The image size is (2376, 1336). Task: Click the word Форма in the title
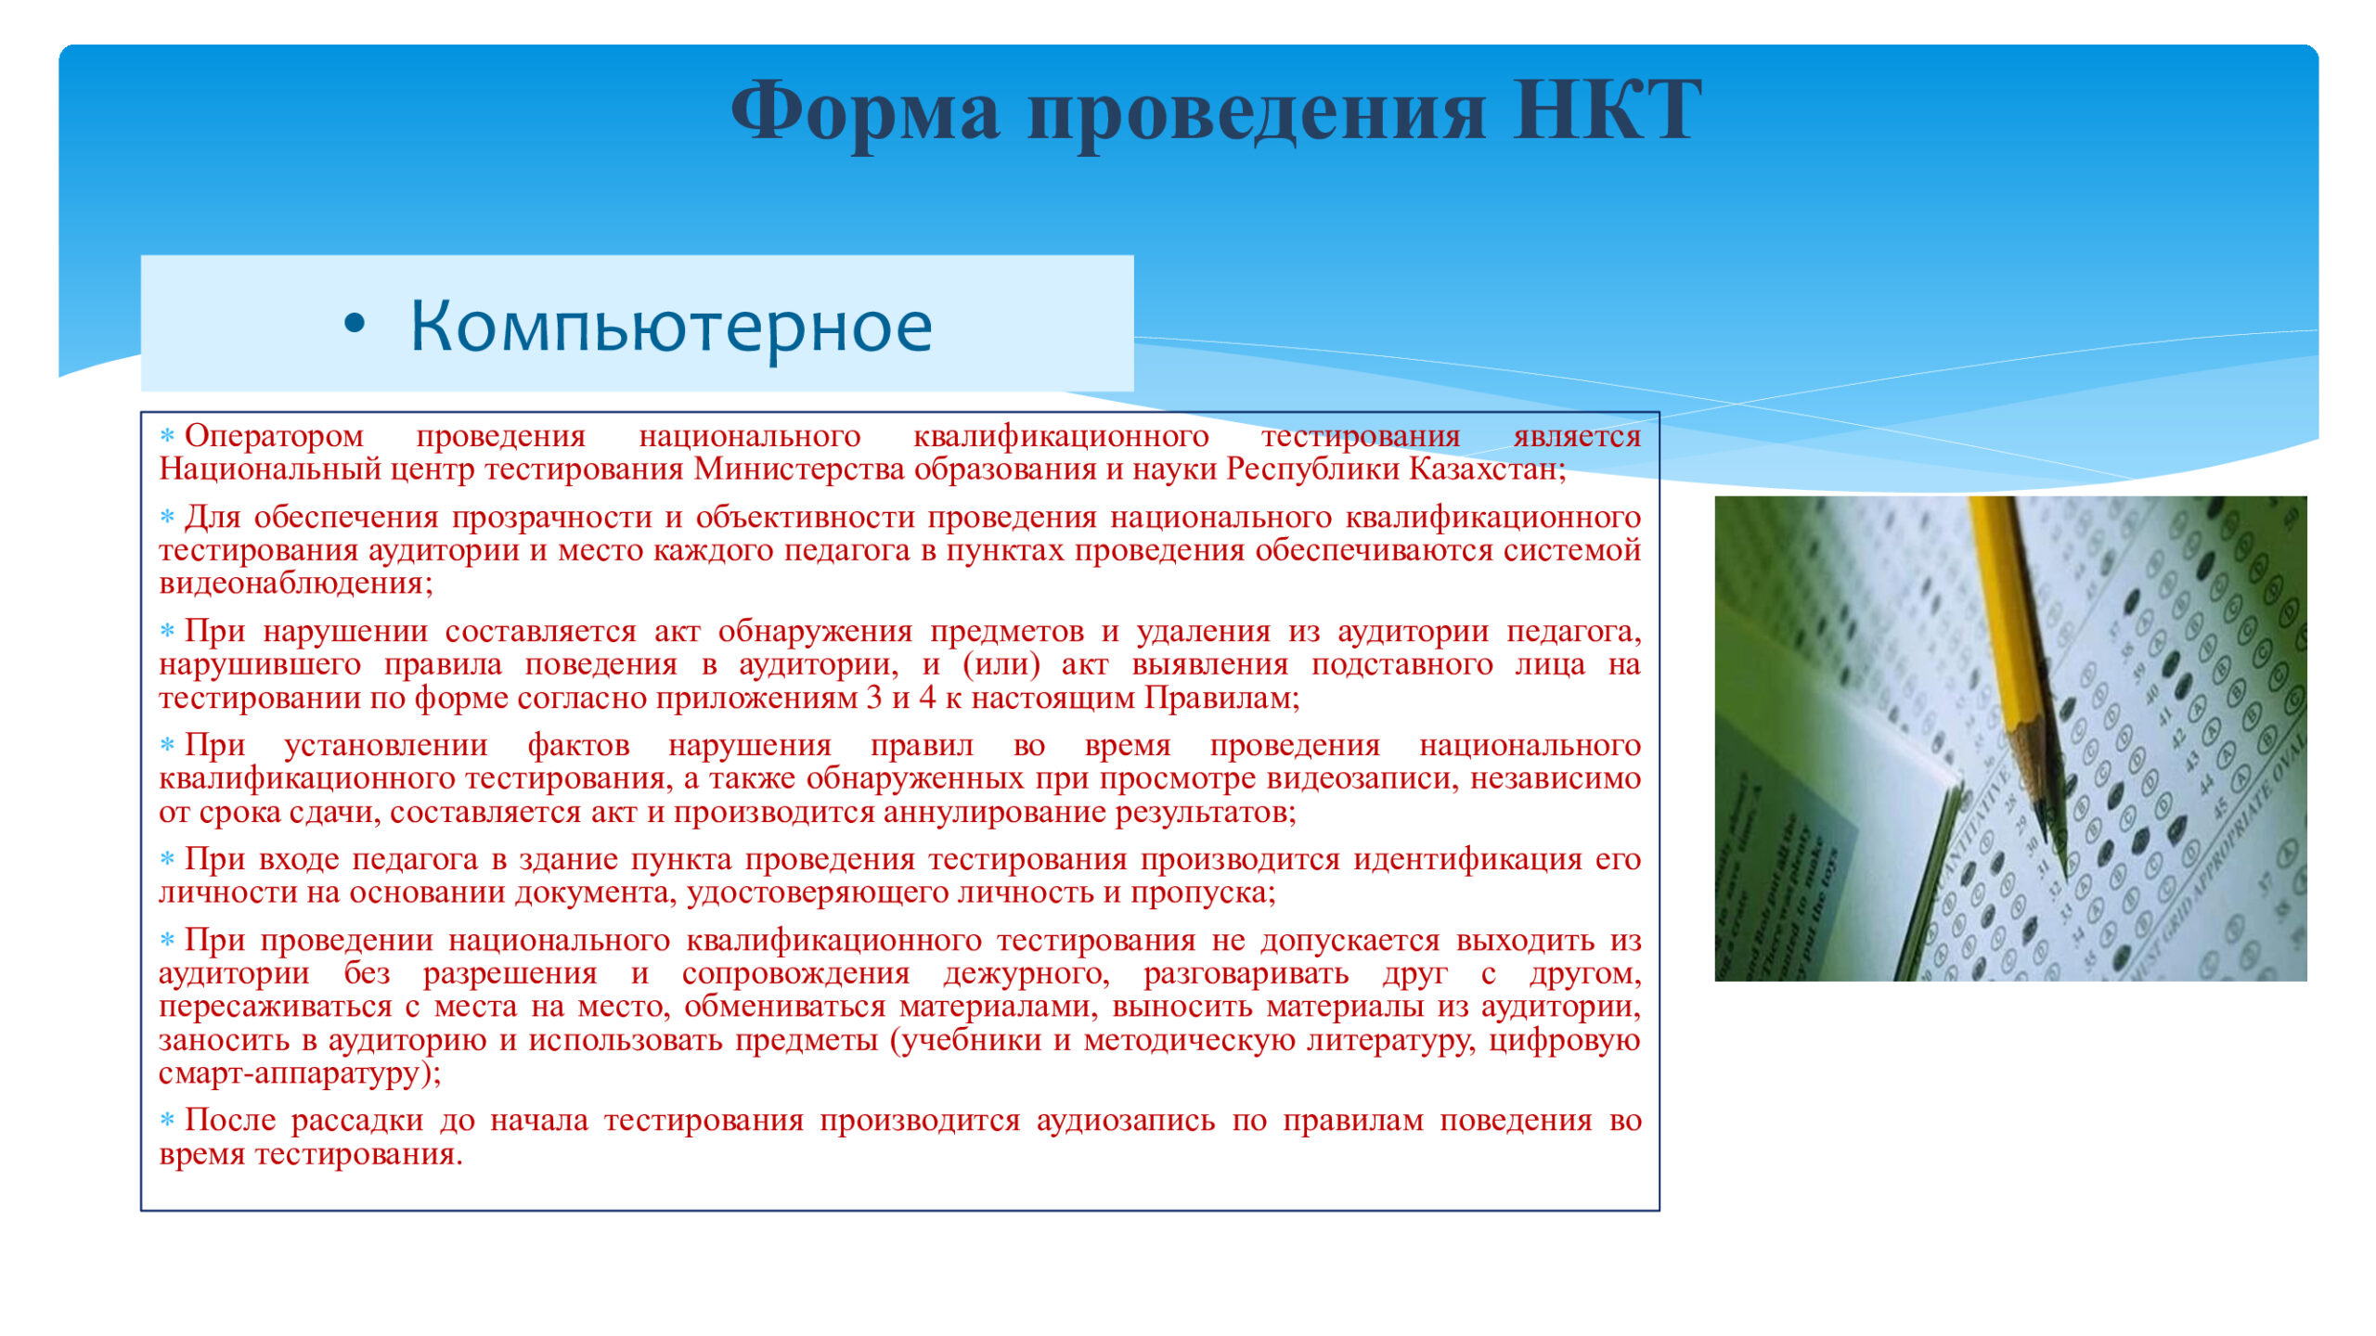(866, 111)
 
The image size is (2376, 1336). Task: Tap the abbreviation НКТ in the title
(1608, 111)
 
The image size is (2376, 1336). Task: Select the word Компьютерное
(671, 327)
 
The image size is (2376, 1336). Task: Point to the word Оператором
(274, 436)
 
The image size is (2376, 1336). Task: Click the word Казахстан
(1487, 469)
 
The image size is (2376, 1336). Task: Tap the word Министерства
(799, 469)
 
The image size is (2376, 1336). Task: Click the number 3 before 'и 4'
(873, 698)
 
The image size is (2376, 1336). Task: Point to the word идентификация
(1467, 859)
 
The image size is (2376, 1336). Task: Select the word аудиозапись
(1126, 1121)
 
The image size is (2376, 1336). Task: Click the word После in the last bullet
(230, 1121)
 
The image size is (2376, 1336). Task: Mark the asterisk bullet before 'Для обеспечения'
(167, 516)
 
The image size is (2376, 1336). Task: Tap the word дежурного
(1027, 974)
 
